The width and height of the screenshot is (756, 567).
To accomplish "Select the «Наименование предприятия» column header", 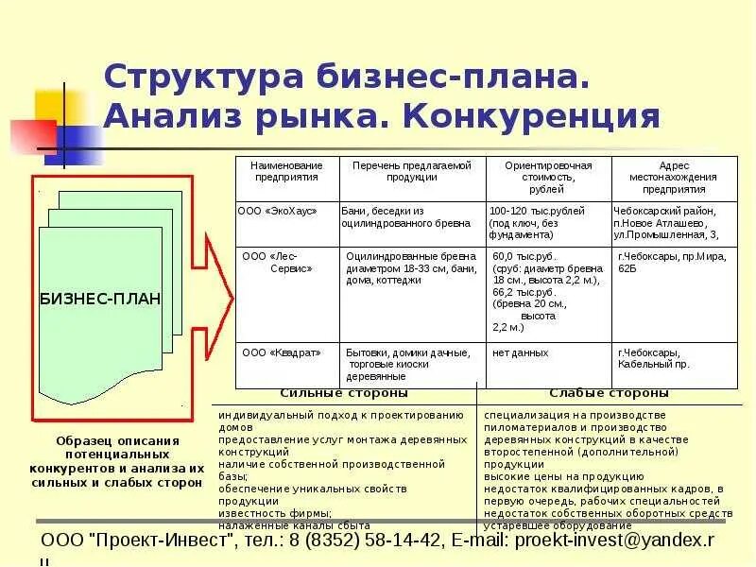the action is pyautogui.click(x=286, y=170).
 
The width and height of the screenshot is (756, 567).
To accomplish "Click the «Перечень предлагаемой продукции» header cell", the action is pyautogui.click(x=411, y=170).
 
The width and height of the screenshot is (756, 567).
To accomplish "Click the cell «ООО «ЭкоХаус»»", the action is pyautogui.click(x=277, y=211).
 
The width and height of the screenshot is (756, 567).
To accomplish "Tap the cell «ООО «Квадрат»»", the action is pyautogui.click(x=282, y=352).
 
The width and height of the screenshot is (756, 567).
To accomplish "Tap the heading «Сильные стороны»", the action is pyautogui.click(x=344, y=393).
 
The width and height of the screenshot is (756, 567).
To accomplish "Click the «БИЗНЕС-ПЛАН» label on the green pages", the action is pyautogui.click(x=100, y=299).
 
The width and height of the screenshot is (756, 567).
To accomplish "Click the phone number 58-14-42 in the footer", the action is pyautogui.click(x=387, y=540).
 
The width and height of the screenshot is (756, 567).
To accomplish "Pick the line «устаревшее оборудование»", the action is pyautogui.click(x=558, y=525).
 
